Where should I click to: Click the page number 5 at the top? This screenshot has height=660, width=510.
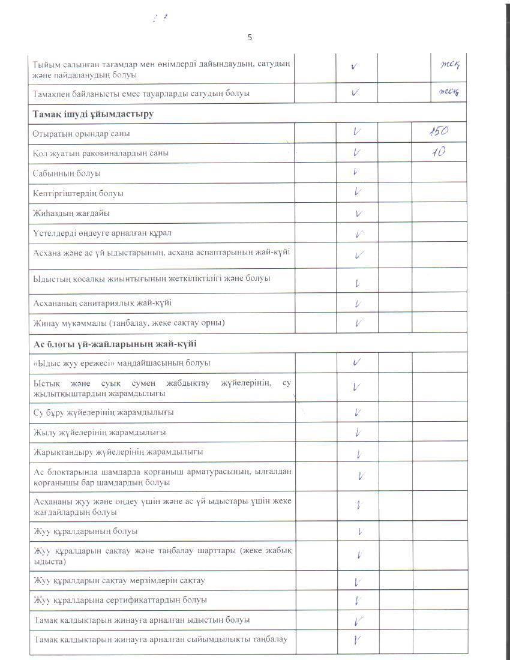(x=250, y=37)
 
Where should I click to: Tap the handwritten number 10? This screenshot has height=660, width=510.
(x=439, y=152)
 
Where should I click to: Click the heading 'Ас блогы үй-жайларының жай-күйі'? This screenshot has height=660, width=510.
(x=115, y=344)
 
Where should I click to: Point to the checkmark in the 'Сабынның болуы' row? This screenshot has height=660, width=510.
(x=356, y=173)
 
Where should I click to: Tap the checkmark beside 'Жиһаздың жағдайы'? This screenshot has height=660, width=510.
(x=358, y=213)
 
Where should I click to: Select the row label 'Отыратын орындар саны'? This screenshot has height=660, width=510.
(x=82, y=133)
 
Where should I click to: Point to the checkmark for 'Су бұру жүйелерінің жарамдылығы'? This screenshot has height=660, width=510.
(x=358, y=412)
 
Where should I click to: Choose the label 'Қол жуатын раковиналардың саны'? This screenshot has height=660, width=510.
(x=100, y=153)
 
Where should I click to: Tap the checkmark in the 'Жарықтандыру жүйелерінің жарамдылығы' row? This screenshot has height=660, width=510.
(x=358, y=454)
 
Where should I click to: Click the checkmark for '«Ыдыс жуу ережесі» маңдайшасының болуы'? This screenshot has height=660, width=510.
(x=356, y=362)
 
